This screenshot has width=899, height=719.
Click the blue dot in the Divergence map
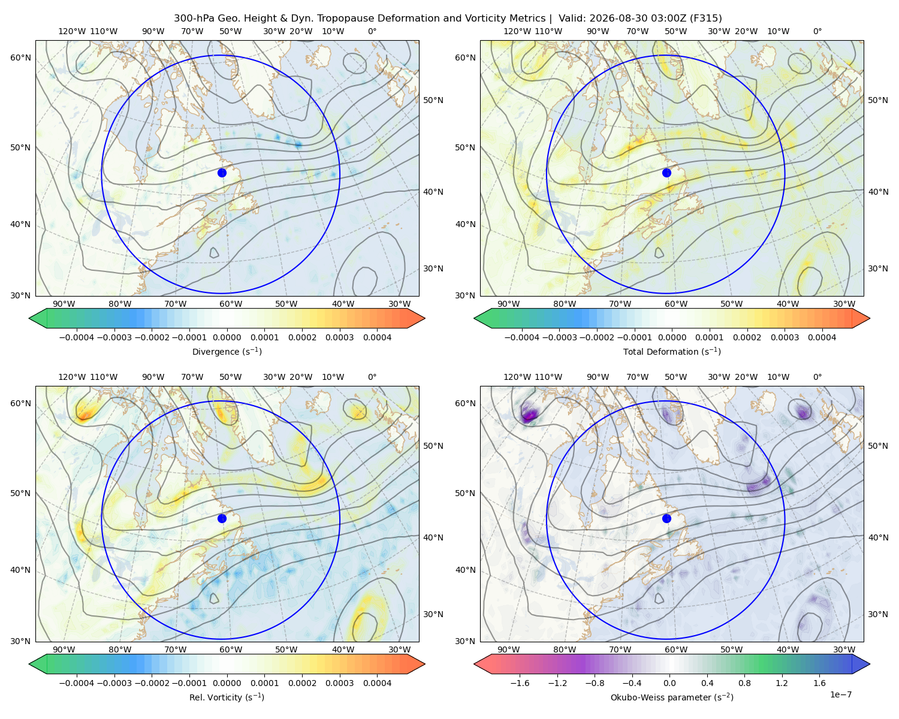[222, 173]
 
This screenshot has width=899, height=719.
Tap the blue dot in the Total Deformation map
[666, 173]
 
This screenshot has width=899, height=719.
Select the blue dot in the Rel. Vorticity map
[222, 518]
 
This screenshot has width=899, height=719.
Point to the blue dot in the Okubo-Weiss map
[666, 518]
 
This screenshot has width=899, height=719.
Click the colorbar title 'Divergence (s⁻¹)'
[227, 351]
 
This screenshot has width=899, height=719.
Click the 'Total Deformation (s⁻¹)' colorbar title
[672, 351]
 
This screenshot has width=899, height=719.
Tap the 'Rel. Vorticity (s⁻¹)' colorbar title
[227, 697]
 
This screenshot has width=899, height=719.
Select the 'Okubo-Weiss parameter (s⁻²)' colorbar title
[672, 697]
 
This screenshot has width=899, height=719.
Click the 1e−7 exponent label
[840, 694]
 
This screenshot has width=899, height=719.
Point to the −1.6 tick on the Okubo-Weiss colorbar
[520, 683]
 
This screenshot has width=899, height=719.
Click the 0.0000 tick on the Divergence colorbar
[227, 337]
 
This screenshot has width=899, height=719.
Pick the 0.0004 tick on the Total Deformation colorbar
[822, 337]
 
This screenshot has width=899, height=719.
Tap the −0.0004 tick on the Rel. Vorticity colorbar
[77, 683]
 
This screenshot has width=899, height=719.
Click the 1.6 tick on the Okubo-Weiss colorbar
[819, 683]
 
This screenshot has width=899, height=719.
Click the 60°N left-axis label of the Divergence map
[20, 58]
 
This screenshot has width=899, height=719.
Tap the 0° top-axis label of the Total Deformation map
[817, 31]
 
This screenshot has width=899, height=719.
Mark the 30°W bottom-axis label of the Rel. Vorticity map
[399, 649]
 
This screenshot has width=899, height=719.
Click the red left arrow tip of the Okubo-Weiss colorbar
[475, 664]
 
